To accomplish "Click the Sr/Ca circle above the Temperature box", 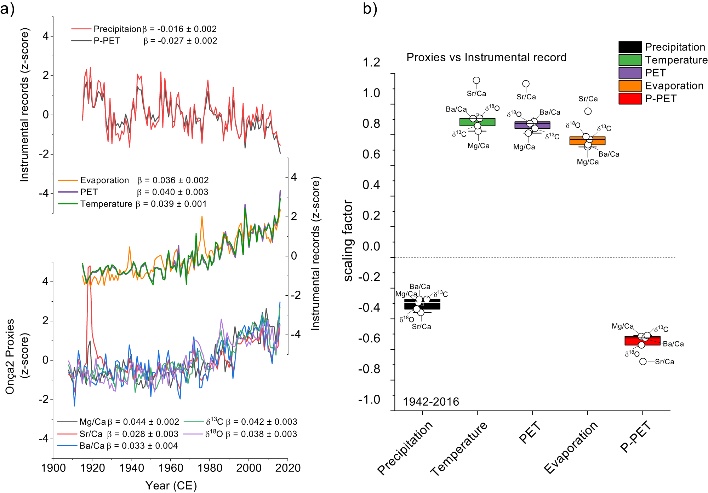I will [476, 81].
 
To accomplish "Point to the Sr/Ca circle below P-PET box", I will [643, 361].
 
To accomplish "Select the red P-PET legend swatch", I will [630, 99].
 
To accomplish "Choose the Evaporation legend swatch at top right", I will [630, 86].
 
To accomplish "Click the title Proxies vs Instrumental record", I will [486, 57].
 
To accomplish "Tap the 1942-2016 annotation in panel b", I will [431, 402].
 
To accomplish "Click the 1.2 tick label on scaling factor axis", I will [371, 63].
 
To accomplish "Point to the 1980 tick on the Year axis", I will [210, 468].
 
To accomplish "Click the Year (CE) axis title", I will [171, 486].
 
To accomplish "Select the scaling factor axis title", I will [348, 240].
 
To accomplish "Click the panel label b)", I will [370, 8].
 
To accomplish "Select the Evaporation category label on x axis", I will [571, 447].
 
